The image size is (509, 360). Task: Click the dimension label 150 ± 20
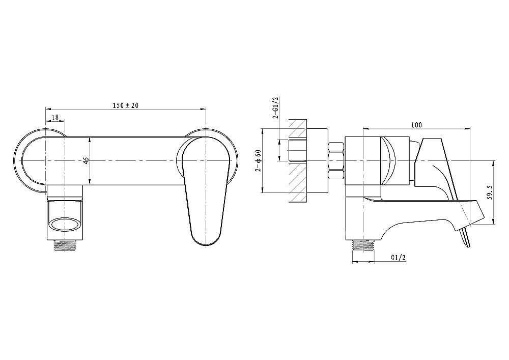(125, 105)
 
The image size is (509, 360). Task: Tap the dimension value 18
(55, 118)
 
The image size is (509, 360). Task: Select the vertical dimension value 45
(86, 160)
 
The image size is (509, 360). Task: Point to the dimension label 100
(416, 125)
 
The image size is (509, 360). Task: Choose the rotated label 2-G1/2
(275, 108)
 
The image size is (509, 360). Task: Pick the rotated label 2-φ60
(259, 160)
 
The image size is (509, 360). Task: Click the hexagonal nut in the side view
(336, 160)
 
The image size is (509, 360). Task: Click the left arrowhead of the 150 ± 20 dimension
(48, 109)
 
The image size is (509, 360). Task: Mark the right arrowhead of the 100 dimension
(468, 128)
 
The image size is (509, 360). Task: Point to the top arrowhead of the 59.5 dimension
(494, 163)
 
